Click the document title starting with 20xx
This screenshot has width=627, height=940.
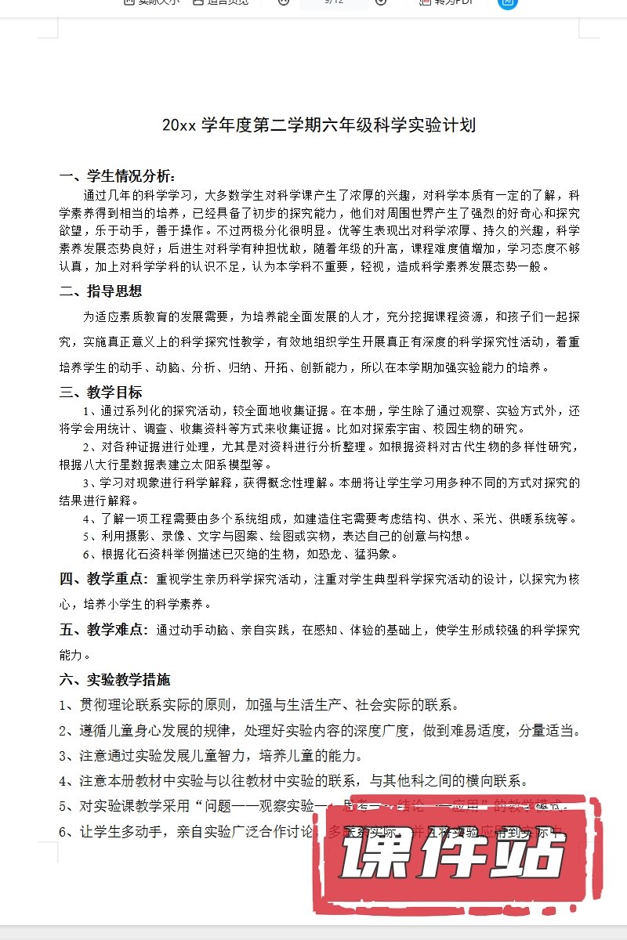click(318, 125)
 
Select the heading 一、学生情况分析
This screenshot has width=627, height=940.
click(118, 176)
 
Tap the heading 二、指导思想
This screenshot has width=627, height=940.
click(101, 291)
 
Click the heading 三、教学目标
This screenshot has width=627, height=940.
click(101, 392)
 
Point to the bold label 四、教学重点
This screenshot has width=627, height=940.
click(103, 580)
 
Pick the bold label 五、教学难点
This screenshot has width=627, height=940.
click(103, 630)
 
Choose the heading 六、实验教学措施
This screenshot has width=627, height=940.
click(114, 680)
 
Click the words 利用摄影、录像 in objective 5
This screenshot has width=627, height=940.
click(132, 537)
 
